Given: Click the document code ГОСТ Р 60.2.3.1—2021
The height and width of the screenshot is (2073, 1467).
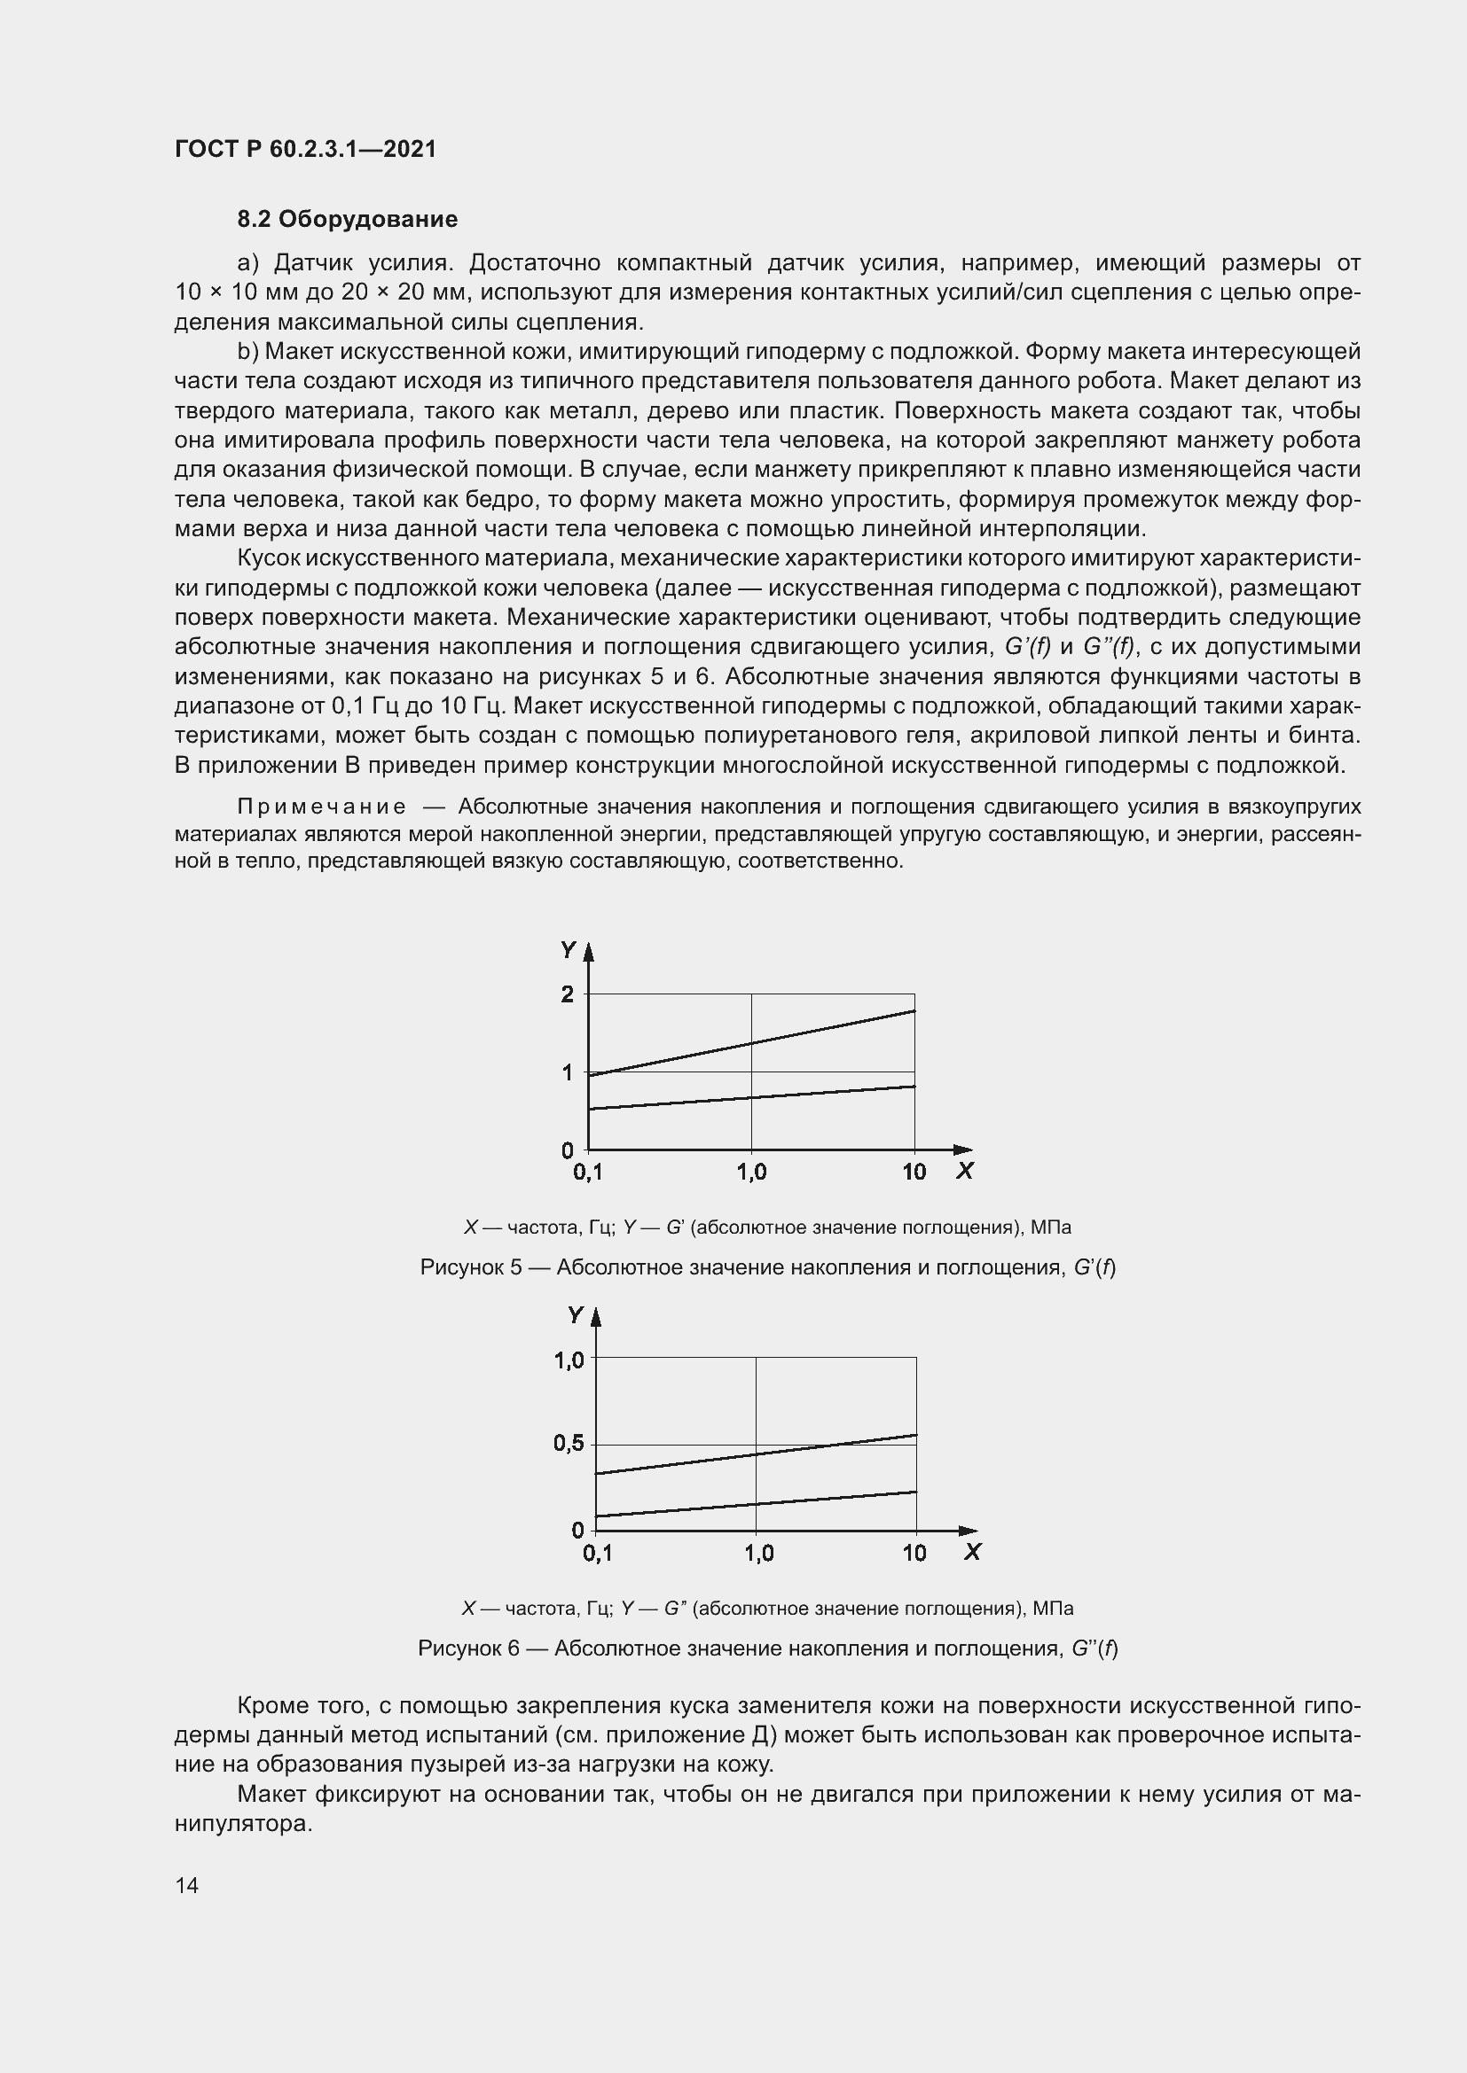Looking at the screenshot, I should [x=304, y=149].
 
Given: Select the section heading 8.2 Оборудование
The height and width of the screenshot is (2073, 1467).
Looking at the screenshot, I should [x=347, y=220].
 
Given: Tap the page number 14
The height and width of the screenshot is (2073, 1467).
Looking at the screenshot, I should [x=187, y=1885].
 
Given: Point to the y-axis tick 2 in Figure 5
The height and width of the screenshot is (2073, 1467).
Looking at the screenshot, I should [x=568, y=994].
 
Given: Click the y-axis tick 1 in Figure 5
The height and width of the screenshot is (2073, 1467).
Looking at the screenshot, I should [x=568, y=1072].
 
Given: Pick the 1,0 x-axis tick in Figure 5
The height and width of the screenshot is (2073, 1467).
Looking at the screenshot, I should [x=751, y=1172].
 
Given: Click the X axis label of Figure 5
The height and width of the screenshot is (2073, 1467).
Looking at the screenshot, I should [x=965, y=1171].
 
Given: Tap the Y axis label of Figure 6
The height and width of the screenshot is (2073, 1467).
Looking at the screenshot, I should [x=576, y=1315].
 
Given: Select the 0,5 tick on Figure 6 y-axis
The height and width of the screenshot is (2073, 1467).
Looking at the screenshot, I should [x=569, y=1444].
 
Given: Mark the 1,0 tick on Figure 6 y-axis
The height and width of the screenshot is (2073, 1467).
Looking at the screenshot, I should [x=569, y=1360].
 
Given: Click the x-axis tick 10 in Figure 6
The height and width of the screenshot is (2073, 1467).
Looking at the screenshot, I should [x=914, y=1553].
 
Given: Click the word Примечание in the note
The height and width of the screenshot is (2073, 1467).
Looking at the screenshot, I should [x=321, y=807].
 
